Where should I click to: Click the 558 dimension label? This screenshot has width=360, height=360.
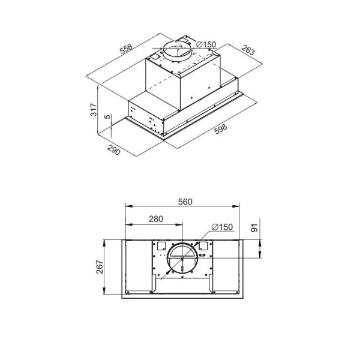click(x=127, y=49)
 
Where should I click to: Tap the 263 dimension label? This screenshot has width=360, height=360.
click(x=248, y=50)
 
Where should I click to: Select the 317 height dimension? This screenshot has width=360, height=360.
click(x=94, y=110)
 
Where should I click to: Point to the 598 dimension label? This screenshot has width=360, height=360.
click(x=220, y=129)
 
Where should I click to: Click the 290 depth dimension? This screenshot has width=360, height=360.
click(x=113, y=150)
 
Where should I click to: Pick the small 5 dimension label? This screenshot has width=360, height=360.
click(x=107, y=116)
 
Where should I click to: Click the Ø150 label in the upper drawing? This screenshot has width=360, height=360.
click(x=206, y=44)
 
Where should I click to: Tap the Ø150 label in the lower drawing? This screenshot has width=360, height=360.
click(x=222, y=227)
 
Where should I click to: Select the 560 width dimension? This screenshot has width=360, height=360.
click(x=185, y=202)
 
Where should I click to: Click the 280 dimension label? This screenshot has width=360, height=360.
click(x=156, y=219)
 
